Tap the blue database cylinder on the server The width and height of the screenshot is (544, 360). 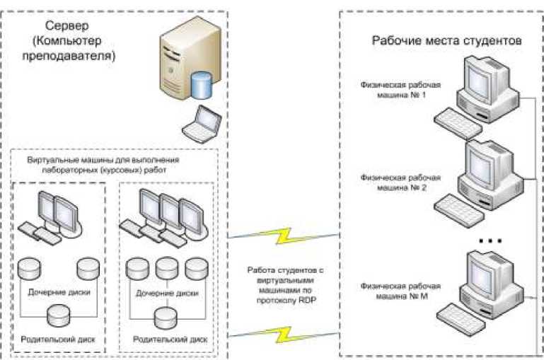[202, 85]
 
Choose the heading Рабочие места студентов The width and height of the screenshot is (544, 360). [447, 40]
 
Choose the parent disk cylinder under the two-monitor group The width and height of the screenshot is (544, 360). [59, 316]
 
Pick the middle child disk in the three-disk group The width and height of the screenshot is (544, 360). [166, 269]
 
